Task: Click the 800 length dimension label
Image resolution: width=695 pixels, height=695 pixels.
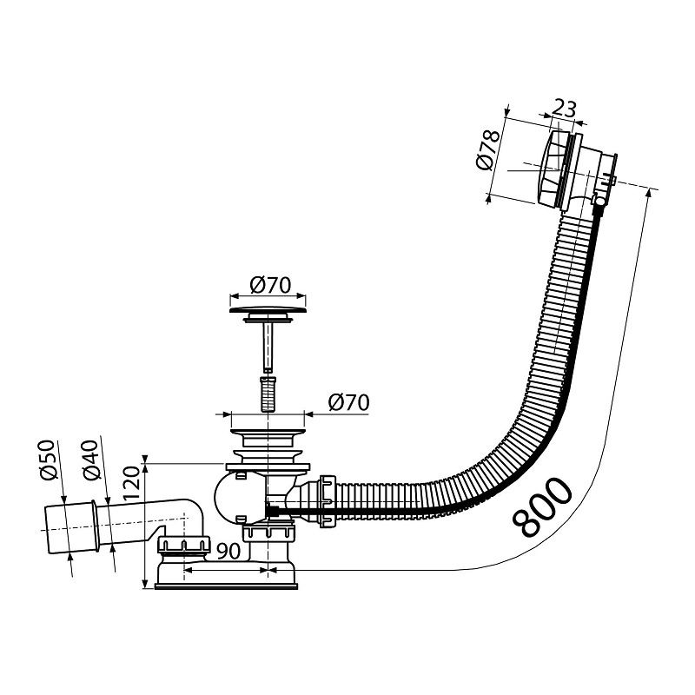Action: [x=543, y=506]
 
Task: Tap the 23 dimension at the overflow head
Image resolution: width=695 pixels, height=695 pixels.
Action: [x=564, y=109]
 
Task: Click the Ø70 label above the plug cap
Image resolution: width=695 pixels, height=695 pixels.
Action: [x=269, y=284]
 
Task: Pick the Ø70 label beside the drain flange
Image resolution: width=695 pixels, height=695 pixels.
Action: [x=349, y=403]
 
